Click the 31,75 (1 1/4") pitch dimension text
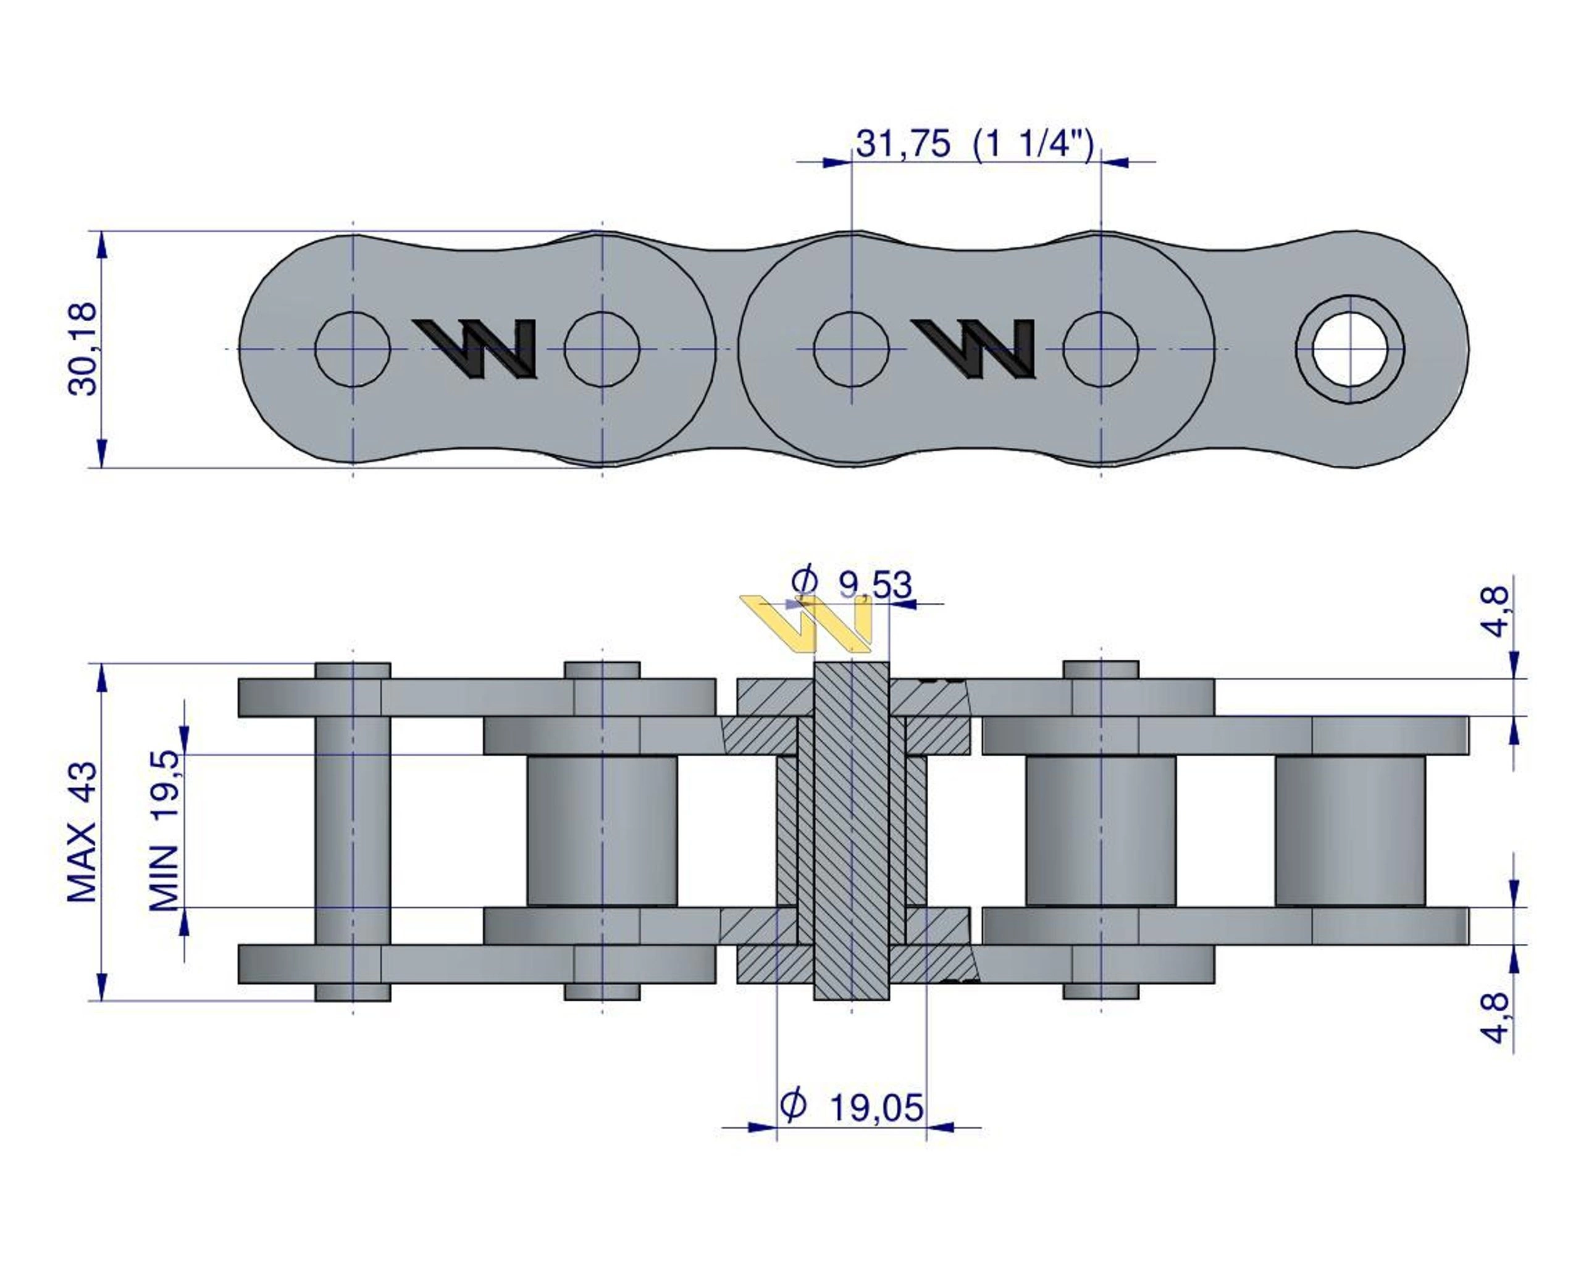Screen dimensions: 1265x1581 [975, 144]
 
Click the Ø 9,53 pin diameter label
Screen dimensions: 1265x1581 [852, 584]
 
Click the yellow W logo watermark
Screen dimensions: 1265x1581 [807, 623]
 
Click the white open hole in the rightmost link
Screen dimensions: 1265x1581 [1350, 349]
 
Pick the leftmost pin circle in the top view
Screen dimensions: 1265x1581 [353, 349]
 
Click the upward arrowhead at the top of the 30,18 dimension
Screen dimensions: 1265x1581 [102, 245]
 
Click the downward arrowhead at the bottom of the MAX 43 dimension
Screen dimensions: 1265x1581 [102, 986]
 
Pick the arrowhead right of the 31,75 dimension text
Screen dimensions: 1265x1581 [1115, 162]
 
